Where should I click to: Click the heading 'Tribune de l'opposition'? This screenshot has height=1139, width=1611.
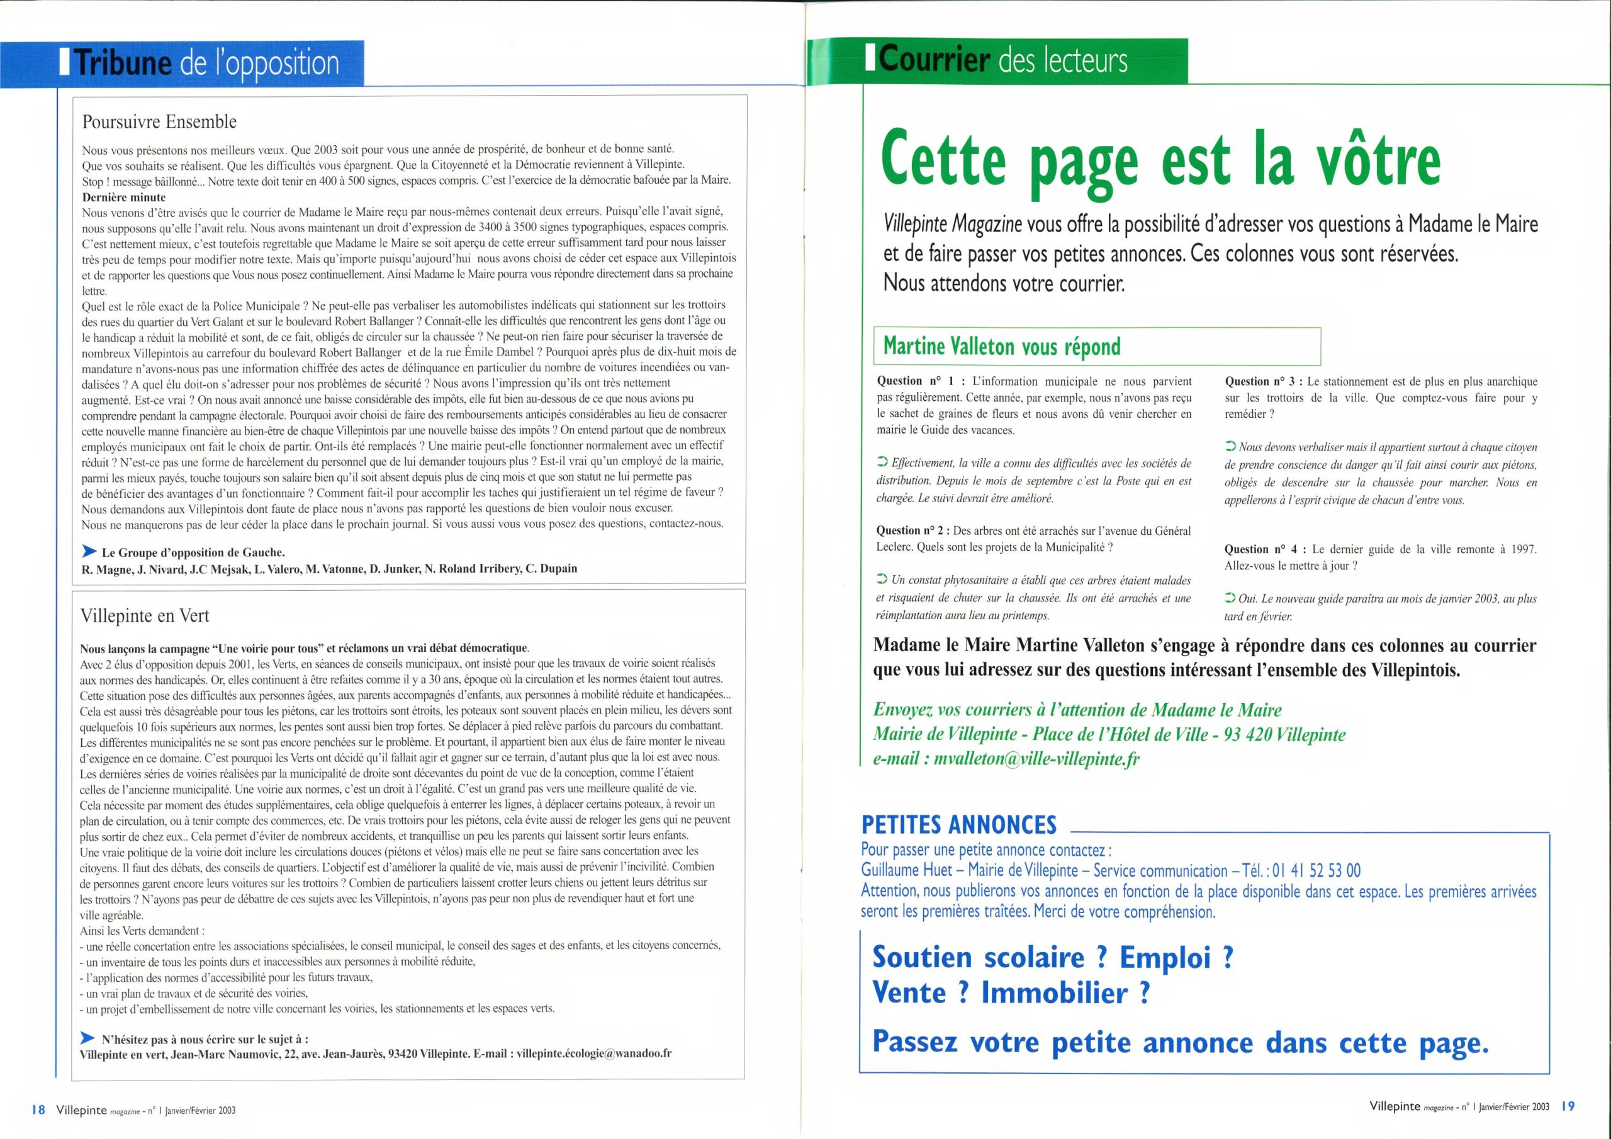tap(207, 64)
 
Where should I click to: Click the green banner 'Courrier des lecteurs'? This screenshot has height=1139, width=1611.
tap(1002, 60)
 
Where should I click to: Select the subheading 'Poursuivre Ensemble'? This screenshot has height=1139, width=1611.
tap(159, 122)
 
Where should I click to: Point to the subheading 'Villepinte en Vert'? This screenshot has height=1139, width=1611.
tap(145, 615)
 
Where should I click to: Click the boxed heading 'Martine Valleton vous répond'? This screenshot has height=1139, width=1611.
tap(1002, 347)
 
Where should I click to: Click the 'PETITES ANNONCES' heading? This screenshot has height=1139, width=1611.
tap(958, 824)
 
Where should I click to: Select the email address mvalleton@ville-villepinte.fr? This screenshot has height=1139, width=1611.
tap(1036, 760)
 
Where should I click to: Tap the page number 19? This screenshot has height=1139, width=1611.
tap(1568, 1106)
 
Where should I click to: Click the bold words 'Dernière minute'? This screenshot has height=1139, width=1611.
tap(124, 197)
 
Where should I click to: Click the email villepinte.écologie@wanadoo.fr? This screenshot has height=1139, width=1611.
tap(593, 1053)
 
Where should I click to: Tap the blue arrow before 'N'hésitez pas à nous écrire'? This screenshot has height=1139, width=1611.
tap(88, 1037)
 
